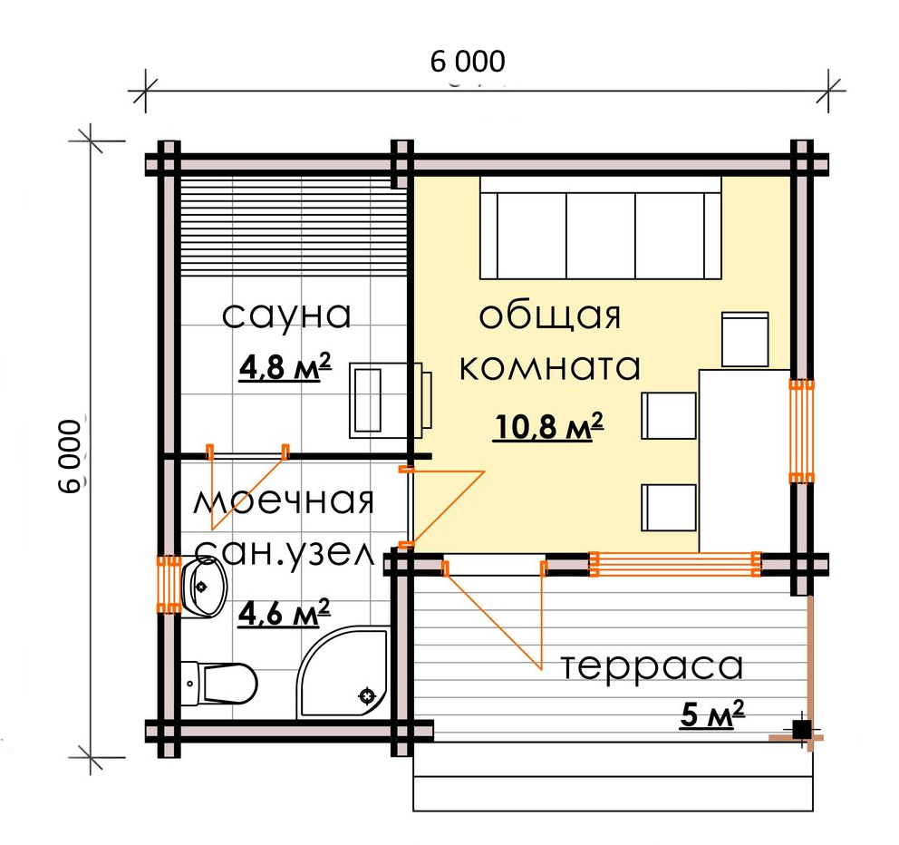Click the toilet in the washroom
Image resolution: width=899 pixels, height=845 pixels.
click(218, 683)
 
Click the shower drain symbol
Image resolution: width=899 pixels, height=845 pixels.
click(367, 695)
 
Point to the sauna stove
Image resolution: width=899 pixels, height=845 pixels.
click(390, 400)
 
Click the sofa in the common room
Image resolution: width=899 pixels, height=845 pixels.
click(600, 228)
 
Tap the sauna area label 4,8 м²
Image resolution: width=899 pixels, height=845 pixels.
click(285, 367)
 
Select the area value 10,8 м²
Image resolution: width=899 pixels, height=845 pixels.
click(548, 426)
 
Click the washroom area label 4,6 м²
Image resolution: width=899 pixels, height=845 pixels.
click(284, 613)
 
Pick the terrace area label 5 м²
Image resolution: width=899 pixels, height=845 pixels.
click(712, 714)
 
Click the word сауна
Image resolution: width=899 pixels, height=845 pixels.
click(286, 315)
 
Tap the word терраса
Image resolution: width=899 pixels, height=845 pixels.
click(652, 667)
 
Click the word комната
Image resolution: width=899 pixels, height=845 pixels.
click(550, 367)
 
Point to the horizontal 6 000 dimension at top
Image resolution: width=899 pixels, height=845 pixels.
click(468, 62)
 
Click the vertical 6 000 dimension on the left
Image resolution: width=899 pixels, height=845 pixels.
click(71, 456)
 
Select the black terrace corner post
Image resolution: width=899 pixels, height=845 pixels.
click(801, 730)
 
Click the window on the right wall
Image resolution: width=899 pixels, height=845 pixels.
click(801, 432)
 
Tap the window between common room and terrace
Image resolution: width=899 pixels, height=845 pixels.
click(675, 564)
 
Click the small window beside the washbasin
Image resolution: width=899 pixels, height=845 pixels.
click(169, 585)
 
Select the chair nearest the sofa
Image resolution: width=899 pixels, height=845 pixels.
click(745, 339)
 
